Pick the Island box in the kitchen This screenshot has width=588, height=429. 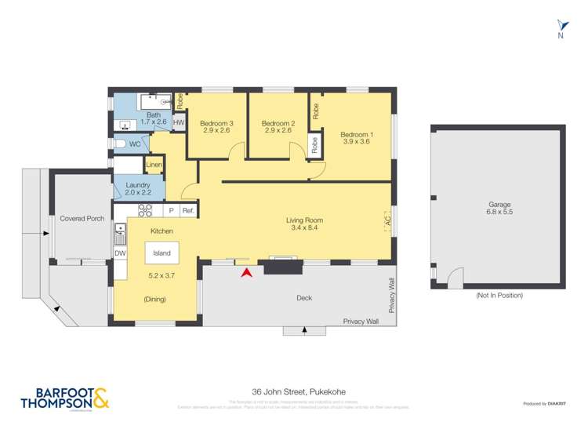161,253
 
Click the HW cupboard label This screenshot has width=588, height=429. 179,123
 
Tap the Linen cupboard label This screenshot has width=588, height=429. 154,165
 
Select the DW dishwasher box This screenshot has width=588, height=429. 120,253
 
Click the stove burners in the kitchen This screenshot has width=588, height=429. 145,210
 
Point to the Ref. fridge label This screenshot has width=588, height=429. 188,211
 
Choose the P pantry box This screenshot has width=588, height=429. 171,211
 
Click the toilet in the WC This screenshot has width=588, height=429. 119,144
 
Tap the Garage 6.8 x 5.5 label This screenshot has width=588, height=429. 499,209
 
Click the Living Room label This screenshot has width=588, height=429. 304,224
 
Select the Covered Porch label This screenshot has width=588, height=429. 82,219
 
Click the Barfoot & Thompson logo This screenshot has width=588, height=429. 63,399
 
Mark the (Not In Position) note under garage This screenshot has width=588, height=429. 499,296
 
